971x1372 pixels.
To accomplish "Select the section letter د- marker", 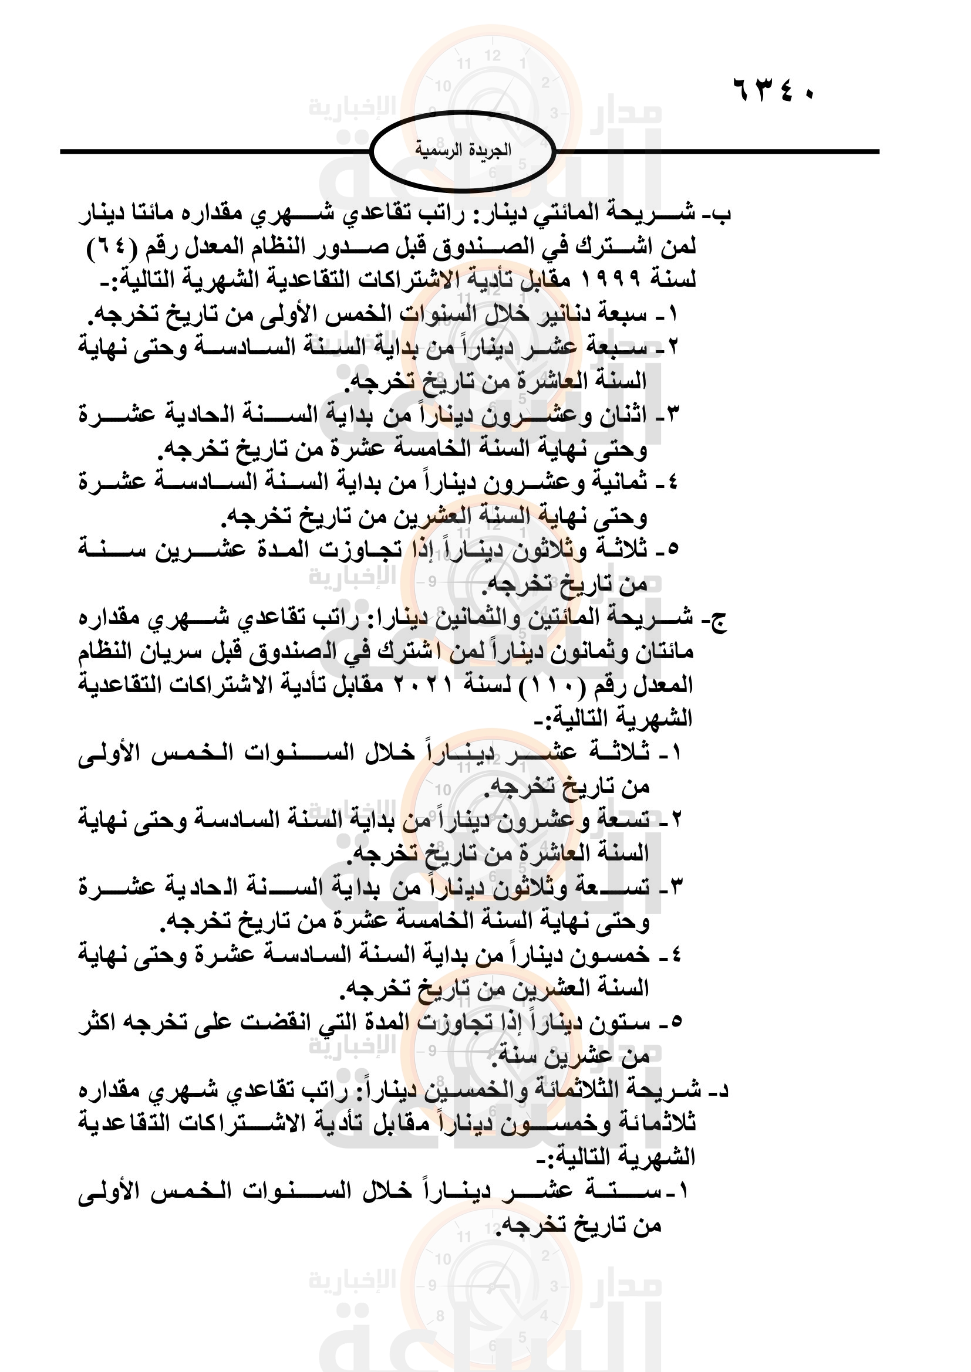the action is pos(718,1091).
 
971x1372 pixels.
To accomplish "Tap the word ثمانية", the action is pos(619,483).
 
